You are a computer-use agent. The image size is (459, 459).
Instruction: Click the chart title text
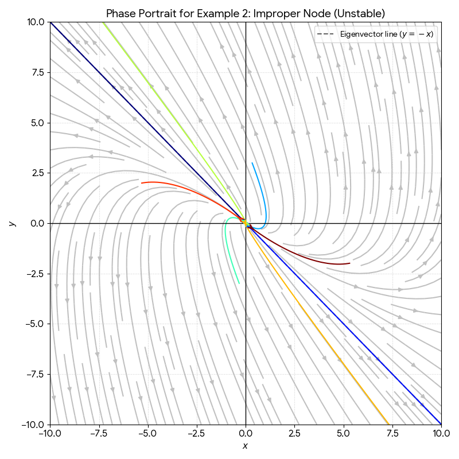[x=246, y=13]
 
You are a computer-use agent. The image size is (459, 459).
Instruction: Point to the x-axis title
[x=246, y=446]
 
